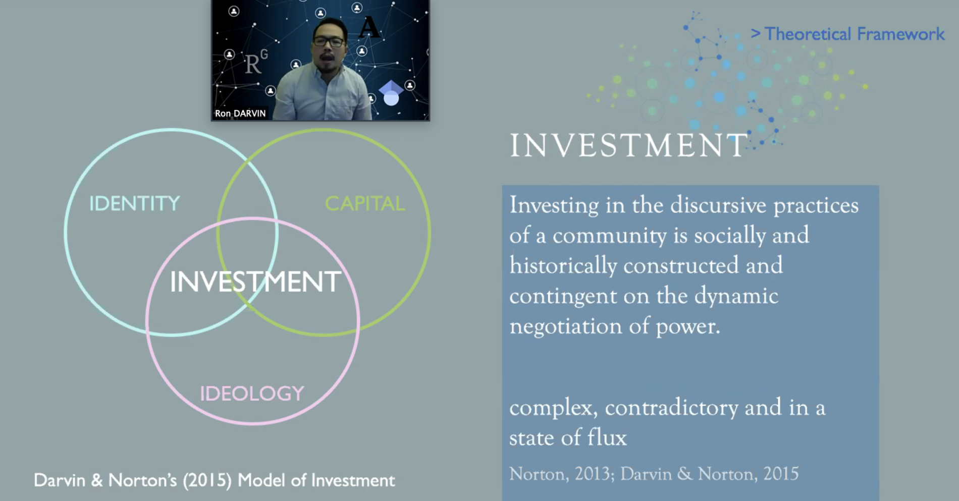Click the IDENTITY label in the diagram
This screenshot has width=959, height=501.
[134, 203]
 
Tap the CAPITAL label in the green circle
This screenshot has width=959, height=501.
[364, 203]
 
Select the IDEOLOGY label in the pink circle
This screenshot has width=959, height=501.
[252, 394]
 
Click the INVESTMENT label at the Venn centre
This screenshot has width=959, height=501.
[255, 281]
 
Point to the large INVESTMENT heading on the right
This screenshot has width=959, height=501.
[628, 145]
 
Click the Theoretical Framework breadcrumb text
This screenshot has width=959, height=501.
[854, 34]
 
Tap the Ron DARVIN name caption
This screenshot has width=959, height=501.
[240, 114]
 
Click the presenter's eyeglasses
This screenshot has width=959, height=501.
[329, 42]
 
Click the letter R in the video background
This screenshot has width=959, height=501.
[253, 64]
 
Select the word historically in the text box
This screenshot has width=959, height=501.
[563, 266]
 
